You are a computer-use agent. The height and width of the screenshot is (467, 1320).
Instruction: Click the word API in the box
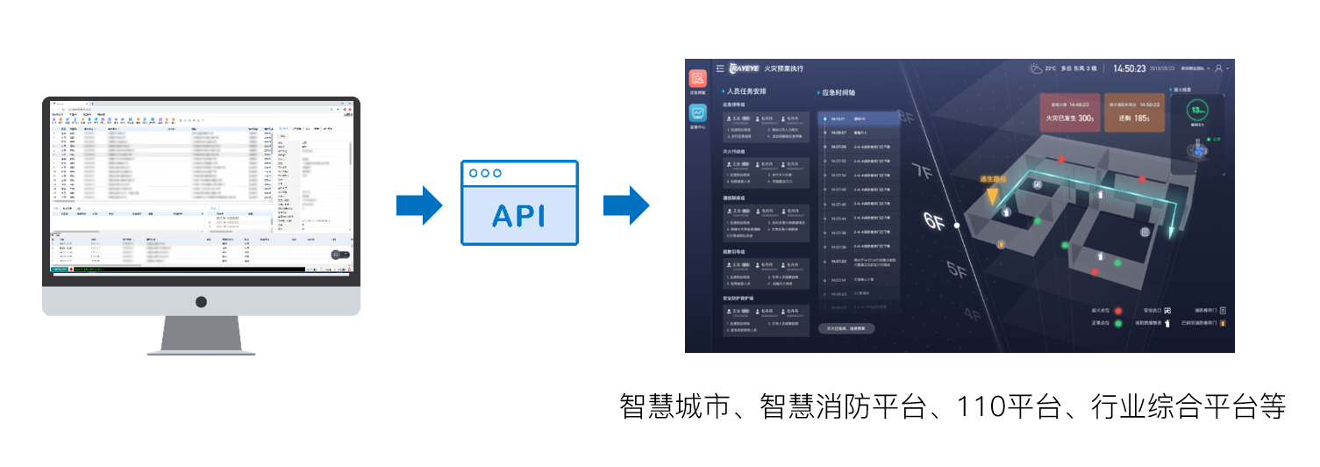click(520, 214)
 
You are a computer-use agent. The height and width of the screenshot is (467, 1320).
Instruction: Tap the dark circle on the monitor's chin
click(201, 302)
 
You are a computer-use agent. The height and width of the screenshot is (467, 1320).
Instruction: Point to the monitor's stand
click(201, 334)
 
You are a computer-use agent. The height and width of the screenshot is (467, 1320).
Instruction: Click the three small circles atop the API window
click(485, 173)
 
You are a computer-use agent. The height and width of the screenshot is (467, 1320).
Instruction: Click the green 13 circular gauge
click(1198, 111)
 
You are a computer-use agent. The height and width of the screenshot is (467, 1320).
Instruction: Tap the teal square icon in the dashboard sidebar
click(697, 114)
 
